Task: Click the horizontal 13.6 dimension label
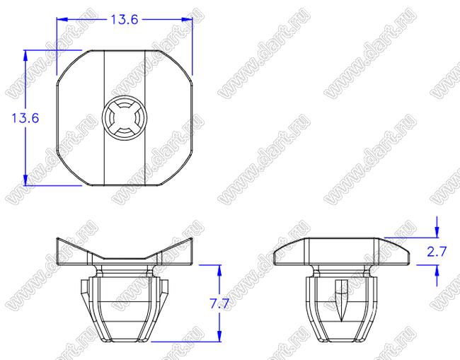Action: tap(125, 20)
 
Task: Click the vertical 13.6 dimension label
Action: tap(25, 118)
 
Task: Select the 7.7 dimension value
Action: tap(219, 303)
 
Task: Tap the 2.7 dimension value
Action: tap(437, 252)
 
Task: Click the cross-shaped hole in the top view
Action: tap(125, 118)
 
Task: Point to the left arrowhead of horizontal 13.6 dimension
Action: tap(62, 20)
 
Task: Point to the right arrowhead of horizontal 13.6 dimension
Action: tap(187, 20)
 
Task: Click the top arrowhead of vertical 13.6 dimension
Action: tap(25, 56)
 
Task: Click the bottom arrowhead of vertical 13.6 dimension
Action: tap(25, 180)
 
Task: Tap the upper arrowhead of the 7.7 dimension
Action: tap(219, 270)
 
